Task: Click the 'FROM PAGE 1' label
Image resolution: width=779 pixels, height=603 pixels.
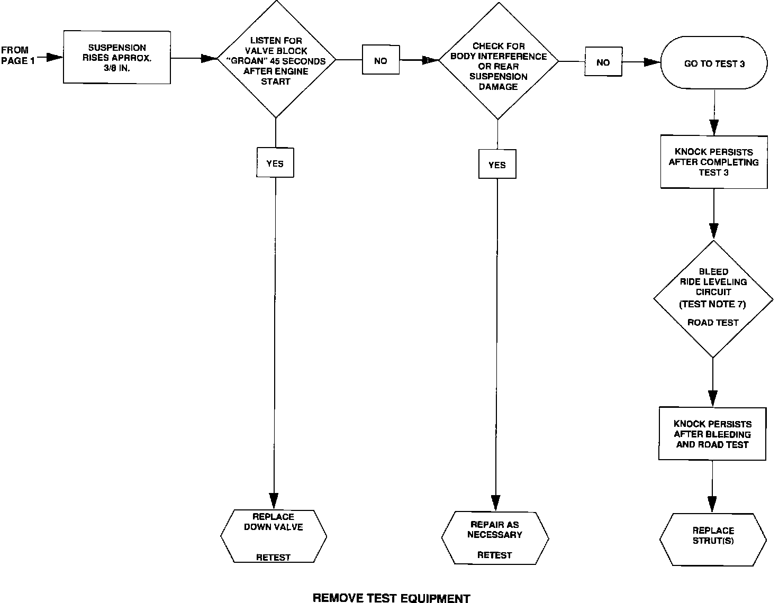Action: (x=19, y=56)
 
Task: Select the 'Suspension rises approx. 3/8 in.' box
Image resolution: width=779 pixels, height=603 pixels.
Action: (x=117, y=57)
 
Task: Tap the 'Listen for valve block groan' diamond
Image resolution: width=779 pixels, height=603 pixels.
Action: (x=276, y=59)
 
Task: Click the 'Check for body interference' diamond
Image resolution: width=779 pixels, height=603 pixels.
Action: (x=498, y=61)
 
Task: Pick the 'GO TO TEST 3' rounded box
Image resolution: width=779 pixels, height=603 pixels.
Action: (x=714, y=63)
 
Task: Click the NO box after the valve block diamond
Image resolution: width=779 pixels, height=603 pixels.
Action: (x=381, y=61)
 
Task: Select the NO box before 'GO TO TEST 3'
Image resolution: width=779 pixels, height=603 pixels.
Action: (x=603, y=62)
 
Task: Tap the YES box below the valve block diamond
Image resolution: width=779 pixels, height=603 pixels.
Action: (x=275, y=163)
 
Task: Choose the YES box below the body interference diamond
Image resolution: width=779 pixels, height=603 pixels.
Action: (x=497, y=165)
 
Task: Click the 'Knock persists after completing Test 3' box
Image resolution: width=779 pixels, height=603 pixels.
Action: (x=713, y=162)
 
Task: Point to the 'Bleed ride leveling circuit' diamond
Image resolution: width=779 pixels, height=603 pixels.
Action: (x=713, y=299)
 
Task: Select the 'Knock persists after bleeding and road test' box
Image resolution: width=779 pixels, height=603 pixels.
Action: (x=712, y=434)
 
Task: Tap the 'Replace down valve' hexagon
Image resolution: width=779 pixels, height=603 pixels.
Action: (x=274, y=536)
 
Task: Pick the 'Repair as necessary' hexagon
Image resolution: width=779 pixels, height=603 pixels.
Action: (x=495, y=538)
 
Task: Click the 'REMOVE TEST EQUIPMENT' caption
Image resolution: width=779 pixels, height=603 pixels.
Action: (x=391, y=598)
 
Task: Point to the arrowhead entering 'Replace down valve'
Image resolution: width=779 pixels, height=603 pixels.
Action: (x=274, y=500)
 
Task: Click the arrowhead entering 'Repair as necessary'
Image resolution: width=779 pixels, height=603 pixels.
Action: (x=495, y=502)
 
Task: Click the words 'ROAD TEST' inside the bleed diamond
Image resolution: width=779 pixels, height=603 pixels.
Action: (x=713, y=322)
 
